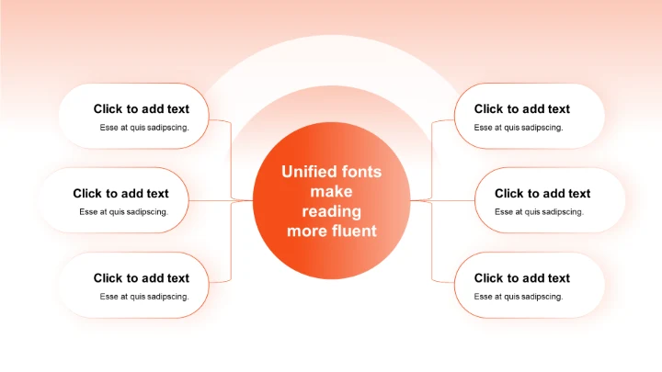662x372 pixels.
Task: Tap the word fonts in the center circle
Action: [x=361, y=172]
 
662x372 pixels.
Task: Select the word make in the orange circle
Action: [x=331, y=192]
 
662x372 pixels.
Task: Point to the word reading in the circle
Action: [x=331, y=211]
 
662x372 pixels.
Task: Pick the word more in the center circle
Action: [x=306, y=231]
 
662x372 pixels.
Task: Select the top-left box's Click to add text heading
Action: [x=141, y=109]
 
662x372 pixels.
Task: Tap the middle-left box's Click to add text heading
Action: [x=120, y=194]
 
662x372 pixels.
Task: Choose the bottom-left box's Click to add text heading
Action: [x=141, y=278]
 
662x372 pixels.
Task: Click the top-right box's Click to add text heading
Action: [x=521, y=109]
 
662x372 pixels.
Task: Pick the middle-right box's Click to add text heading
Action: [x=542, y=194]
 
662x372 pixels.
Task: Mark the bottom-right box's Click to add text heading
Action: [x=521, y=278]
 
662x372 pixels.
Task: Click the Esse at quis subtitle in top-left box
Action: [x=144, y=128]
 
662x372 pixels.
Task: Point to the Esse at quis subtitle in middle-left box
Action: [x=123, y=212]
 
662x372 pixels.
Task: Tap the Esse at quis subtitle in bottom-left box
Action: [x=144, y=297]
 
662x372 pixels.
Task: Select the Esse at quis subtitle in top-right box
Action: [x=519, y=128]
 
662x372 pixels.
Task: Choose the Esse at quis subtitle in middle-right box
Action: [x=539, y=212]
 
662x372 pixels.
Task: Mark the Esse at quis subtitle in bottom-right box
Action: [x=519, y=297]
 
